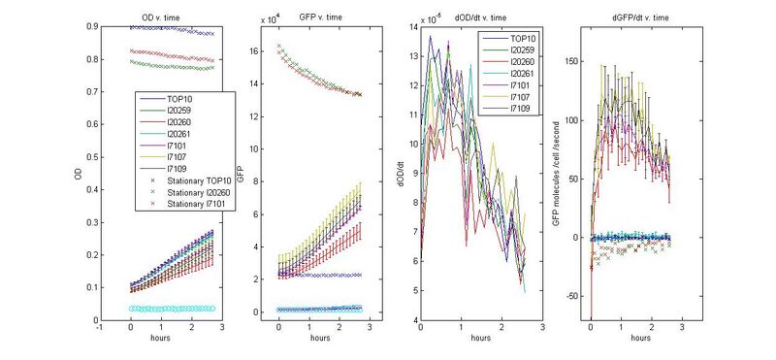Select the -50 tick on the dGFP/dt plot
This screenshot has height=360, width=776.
pos(572,296)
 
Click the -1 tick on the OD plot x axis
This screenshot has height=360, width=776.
pos(100,329)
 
